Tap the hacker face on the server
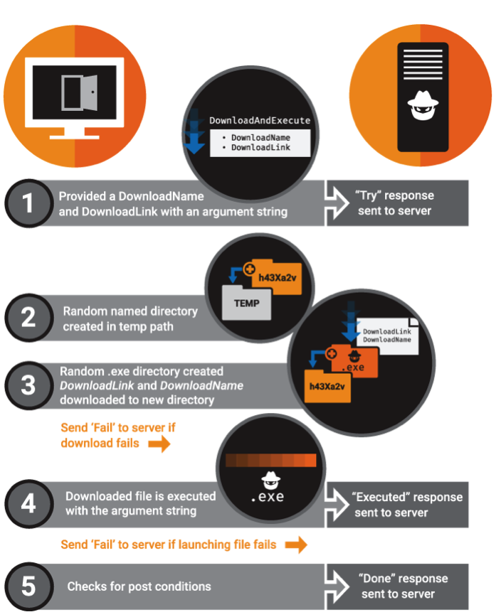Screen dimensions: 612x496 pyautogui.click(x=420, y=107)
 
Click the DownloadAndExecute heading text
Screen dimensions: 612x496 pyautogui.click(x=260, y=121)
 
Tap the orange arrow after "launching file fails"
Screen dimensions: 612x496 pyautogui.click(x=295, y=545)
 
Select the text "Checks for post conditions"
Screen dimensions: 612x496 pyautogui.click(x=139, y=586)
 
